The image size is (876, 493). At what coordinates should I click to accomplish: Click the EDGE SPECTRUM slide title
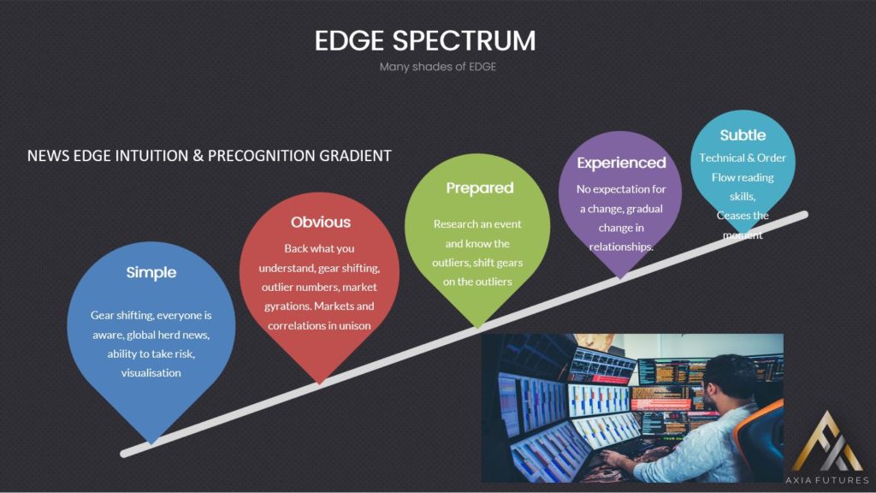click(425, 41)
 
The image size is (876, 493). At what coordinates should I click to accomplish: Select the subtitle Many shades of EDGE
click(438, 67)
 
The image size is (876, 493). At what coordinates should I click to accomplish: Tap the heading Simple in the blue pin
click(151, 273)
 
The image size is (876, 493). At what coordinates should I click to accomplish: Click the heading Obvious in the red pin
click(321, 222)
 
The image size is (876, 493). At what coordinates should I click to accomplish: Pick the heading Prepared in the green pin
click(480, 188)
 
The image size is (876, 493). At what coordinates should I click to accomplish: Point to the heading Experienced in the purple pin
click(621, 163)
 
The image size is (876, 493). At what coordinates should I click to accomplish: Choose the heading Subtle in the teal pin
click(743, 135)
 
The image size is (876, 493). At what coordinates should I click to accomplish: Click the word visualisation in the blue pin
click(151, 373)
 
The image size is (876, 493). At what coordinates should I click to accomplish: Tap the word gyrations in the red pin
click(287, 307)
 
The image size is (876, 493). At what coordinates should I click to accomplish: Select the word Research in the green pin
click(454, 224)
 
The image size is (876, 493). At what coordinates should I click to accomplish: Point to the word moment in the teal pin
click(743, 235)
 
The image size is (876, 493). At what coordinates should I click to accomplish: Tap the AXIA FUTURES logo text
click(827, 480)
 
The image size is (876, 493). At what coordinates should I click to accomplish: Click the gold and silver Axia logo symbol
click(827, 443)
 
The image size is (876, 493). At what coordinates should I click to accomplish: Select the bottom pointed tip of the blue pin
click(151, 444)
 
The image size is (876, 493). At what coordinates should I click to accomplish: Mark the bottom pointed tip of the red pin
click(320, 384)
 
